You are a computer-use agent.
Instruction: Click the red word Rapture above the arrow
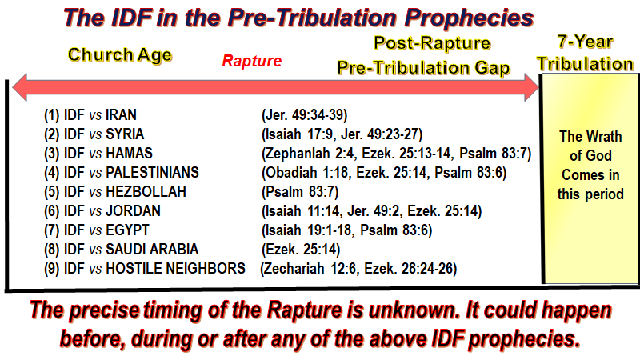[252, 61]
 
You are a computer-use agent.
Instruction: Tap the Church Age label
[120, 55]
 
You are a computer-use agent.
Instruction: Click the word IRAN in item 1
[122, 115]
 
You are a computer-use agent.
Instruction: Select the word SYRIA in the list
[125, 134]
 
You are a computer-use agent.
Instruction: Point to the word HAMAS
[129, 154]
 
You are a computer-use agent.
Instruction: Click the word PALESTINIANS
[152, 173]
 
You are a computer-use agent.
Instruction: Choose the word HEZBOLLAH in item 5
[146, 192]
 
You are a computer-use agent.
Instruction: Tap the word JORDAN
[133, 211]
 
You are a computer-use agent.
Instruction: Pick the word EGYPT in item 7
[127, 230]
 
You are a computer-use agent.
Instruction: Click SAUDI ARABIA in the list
[152, 250]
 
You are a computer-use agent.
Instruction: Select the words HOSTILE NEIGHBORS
[175, 269]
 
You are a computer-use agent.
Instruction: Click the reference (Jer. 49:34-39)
[305, 115]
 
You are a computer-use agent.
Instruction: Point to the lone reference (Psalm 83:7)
[300, 192]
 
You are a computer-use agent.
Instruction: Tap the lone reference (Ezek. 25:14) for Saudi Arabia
[301, 250]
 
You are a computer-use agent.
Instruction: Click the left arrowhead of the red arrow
[19, 87]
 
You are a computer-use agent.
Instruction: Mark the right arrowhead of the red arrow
[531, 87]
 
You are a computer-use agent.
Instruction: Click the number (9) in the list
[52, 269]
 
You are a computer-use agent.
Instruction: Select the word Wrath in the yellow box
[603, 136]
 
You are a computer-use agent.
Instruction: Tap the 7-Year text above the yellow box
[586, 42]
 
